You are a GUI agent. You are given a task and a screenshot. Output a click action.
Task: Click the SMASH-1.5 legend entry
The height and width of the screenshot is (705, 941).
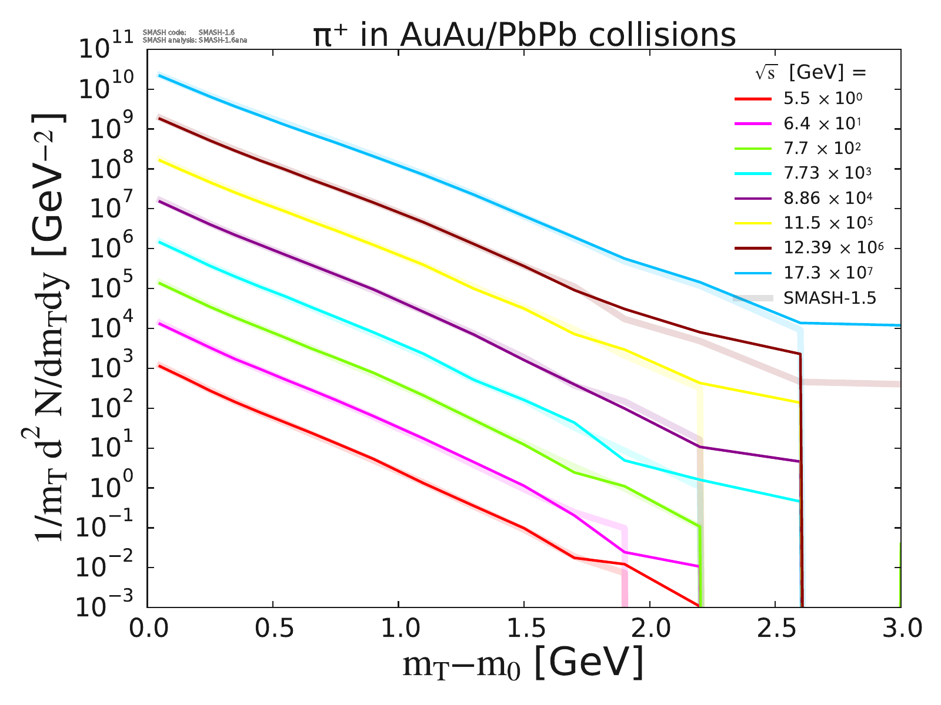click(829, 298)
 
